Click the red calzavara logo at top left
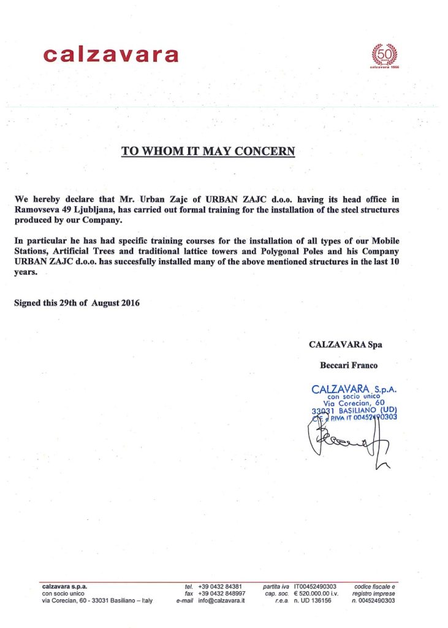point(111,55)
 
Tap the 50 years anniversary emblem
point(385,56)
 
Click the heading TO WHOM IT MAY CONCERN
point(208,150)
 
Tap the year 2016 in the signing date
point(131,303)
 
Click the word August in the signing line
point(102,303)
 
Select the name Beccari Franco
point(349,365)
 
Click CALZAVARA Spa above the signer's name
point(346,345)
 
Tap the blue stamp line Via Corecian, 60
point(352,403)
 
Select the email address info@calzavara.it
point(221,601)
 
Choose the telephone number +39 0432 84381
point(220,586)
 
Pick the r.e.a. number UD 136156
point(313,601)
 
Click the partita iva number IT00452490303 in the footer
point(315,586)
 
